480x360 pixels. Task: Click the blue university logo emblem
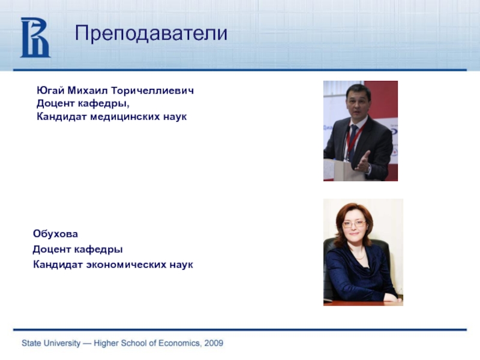pyautogui.click(x=35, y=37)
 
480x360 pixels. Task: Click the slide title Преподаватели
pyautogui.click(x=151, y=33)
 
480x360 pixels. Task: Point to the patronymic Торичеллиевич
pyautogui.click(x=152, y=91)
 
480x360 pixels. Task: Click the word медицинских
pyautogui.click(x=125, y=116)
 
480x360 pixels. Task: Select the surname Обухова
pyautogui.click(x=55, y=234)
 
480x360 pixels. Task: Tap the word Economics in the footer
pyautogui.click(x=181, y=343)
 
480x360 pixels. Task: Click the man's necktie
pyautogui.click(x=353, y=142)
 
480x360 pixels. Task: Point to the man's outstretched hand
pyautogui.click(x=364, y=161)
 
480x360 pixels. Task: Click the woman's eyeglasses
pyautogui.click(x=354, y=224)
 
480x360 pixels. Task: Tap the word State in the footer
pyautogui.click(x=31, y=343)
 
